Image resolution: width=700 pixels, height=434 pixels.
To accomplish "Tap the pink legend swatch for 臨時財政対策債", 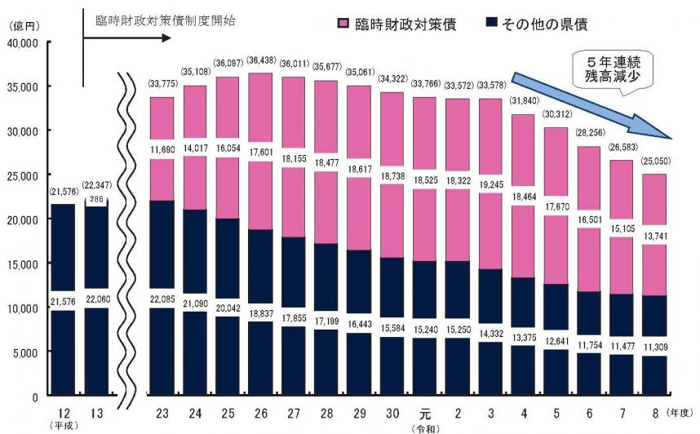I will (343, 24).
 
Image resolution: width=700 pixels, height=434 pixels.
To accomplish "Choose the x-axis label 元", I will (424, 412).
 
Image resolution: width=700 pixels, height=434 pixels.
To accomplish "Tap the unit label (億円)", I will (24, 28).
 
